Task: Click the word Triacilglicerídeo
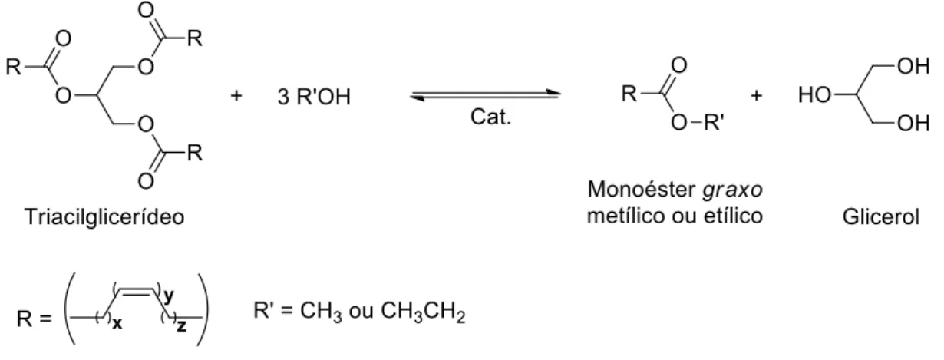click(x=104, y=217)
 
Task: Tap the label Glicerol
click(x=881, y=217)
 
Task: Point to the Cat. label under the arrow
click(x=490, y=117)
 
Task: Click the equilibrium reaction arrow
click(x=485, y=95)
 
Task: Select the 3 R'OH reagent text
click(x=314, y=97)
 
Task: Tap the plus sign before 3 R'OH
click(x=236, y=96)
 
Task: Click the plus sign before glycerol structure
click(x=757, y=96)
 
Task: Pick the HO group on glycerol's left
click(x=814, y=95)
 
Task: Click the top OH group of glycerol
click(x=913, y=66)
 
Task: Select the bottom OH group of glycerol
click(x=913, y=124)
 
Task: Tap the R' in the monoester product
click(x=714, y=122)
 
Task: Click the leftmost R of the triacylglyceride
click(x=14, y=67)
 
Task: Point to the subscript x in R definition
click(x=117, y=324)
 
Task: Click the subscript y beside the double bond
click(x=169, y=296)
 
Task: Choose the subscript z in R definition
click(x=181, y=326)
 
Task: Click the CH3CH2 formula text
click(x=423, y=312)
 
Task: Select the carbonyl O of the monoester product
click(x=679, y=65)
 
